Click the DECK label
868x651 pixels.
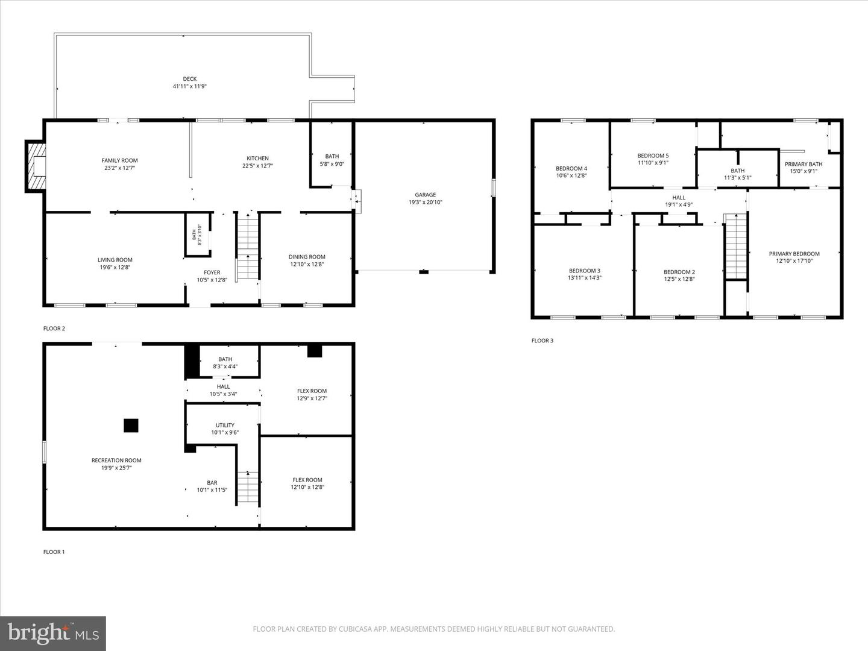click(x=190, y=79)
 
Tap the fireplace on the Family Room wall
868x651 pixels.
click(x=37, y=166)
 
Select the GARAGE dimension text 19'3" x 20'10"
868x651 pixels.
click(x=425, y=203)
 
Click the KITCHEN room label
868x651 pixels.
click(x=257, y=159)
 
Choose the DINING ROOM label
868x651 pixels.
click(x=307, y=257)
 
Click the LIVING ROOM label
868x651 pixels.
click(x=115, y=260)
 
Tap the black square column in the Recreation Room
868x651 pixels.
click(x=131, y=426)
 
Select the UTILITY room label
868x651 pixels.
click(x=225, y=425)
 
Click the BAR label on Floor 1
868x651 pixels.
click(x=212, y=483)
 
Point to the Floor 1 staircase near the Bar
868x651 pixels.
click(x=248, y=487)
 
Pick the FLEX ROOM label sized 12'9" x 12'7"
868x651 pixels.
click(x=312, y=391)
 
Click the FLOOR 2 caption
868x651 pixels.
click(x=54, y=329)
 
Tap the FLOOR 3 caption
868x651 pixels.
click(x=542, y=341)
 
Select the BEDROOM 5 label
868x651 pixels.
click(x=653, y=156)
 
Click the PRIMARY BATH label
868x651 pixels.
click(x=803, y=164)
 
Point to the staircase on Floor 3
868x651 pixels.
click(x=735, y=247)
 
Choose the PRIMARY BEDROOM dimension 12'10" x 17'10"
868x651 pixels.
click(x=794, y=261)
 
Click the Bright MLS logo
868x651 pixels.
click(x=53, y=633)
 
